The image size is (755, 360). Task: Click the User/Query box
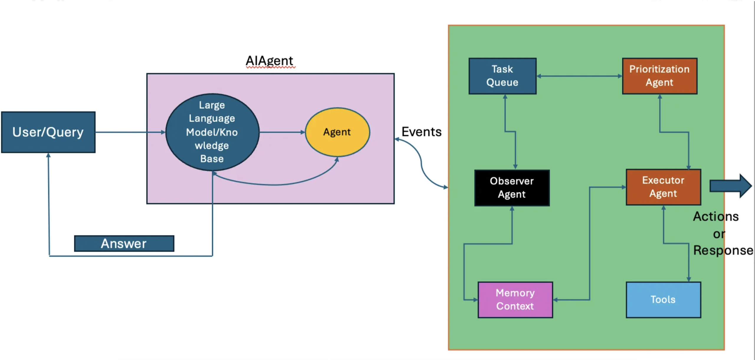[48, 132]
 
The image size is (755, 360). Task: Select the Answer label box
[124, 244]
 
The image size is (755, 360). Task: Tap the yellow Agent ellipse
[337, 132]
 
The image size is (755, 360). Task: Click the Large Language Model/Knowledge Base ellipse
[212, 132]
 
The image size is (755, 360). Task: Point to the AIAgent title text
[269, 61]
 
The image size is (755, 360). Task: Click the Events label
[421, 132]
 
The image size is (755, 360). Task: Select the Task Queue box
[503, 76]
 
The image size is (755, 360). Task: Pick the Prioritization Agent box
[660, 76]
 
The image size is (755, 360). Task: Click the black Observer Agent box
[512, 188]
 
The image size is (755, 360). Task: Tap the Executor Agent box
[663, 187]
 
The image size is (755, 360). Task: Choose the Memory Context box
[515, 300]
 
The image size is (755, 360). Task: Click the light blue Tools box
[663, 300]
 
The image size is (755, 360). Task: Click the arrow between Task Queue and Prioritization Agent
[579, 76]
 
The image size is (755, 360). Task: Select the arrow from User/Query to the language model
[130, 132]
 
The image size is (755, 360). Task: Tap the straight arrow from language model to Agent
[282, 132]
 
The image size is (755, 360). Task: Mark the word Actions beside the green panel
[716, 217]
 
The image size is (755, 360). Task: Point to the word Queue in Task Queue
[502, 83]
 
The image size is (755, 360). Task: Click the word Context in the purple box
[515, 306]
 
